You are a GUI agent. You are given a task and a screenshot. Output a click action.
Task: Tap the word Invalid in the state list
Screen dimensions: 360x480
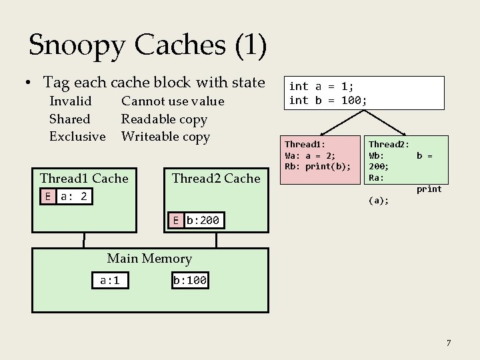point(71,101)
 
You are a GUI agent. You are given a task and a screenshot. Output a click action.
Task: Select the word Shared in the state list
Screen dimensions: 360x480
point(69,119)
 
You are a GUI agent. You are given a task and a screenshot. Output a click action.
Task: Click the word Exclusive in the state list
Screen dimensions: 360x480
point(77,137)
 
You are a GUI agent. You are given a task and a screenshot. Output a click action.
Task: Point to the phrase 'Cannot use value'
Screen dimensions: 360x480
point(172,101)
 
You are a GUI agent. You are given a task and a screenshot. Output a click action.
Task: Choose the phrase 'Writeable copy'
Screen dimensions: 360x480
point(165,137)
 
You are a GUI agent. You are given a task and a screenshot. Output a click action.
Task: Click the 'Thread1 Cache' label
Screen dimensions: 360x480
point(84,178)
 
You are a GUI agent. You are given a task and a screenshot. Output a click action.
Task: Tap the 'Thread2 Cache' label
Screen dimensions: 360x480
point(216,178)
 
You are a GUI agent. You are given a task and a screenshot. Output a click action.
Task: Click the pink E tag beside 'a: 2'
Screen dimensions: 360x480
point(47,196)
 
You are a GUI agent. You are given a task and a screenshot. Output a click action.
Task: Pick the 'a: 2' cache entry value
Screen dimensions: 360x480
point(75,196)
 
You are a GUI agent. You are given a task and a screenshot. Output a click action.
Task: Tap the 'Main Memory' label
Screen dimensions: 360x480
point(149,259)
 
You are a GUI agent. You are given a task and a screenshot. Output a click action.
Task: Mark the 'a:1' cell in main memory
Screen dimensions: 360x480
point(109,281)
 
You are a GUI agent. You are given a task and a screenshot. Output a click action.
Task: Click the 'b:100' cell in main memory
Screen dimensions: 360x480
point(189,281)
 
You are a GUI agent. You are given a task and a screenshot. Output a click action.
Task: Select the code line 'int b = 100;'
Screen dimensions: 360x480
point(327,101)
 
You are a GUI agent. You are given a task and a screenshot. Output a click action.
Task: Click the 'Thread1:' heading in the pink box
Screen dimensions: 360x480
point(305,144)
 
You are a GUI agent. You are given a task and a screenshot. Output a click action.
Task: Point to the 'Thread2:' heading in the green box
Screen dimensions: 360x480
point(389,144)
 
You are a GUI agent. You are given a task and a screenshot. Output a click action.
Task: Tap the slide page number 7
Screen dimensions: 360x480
point(449,343)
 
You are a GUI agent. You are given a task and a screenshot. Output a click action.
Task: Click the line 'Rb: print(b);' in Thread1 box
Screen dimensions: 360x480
point(317,167)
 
